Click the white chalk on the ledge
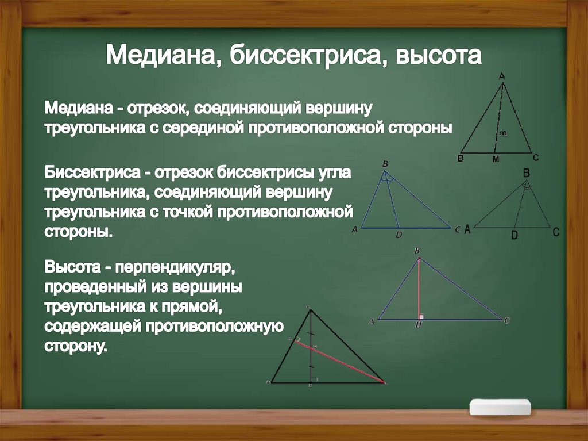(x=500, y=406)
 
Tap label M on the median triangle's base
(x=494, y=160)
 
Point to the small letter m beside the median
(x=502, y=133)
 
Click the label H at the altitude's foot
(x=419, y=325)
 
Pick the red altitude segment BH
(x=419, y=287)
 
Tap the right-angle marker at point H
(x=422, y=316)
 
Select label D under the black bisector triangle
(x=514, y=235)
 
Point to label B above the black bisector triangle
(x=525, y=172)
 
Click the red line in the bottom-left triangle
(x=339, y=360)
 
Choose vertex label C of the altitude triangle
(x=507, y=321)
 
